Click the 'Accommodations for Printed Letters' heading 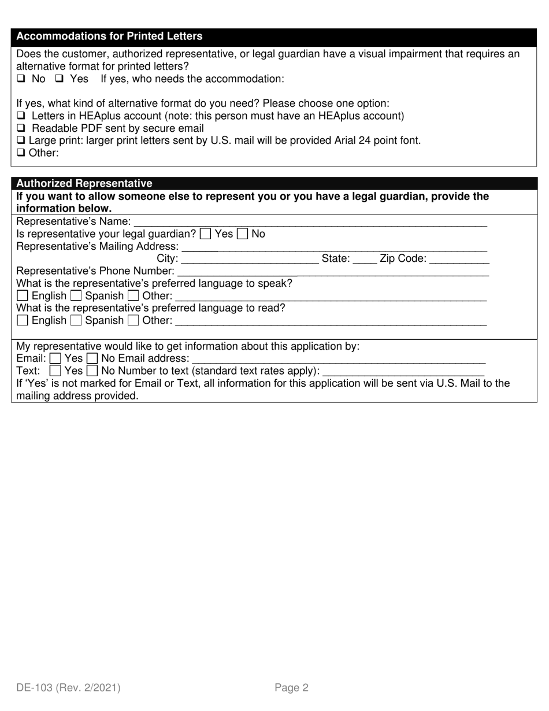coord(109,36)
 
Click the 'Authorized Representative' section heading coord(84,183)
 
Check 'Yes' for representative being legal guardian coord(205,234)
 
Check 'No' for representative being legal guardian coord(243,234)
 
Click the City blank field coord(250,260)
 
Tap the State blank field coord(364,260)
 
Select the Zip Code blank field coord(460,260)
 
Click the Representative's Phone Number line coord(333,271)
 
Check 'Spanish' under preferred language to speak coord(76,296)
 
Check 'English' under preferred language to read coord(23,320)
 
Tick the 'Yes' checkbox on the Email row coord(55,358)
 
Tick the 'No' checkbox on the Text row coord(92,371)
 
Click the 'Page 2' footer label coord(291,688)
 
